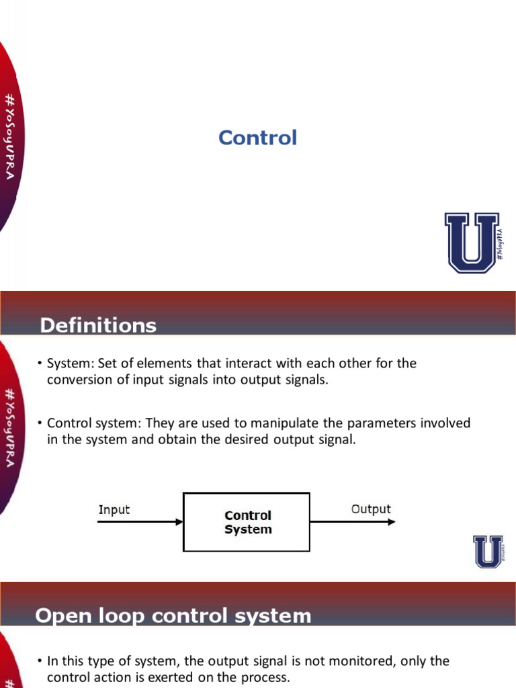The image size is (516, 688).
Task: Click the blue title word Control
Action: click(257, 138)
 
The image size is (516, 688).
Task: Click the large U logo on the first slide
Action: click(472, 243)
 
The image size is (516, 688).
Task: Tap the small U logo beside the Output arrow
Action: click(488, 552)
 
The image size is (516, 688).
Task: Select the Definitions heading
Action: click(98, 326)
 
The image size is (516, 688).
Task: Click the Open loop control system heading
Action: click(173, 615)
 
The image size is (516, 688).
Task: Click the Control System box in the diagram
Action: click(247, 522)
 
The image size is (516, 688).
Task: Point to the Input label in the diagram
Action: click(114, 509)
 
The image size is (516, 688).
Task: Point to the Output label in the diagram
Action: click(371, 509)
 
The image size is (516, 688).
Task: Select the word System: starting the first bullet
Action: click(71, 363)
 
